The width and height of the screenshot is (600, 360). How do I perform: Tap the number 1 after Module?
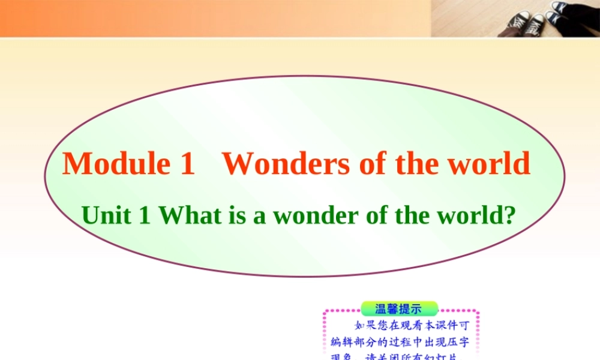tap(187, 164)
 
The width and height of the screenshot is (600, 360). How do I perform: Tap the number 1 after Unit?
tap(143, 215)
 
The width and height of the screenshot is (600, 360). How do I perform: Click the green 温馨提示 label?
tap(398, 309)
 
